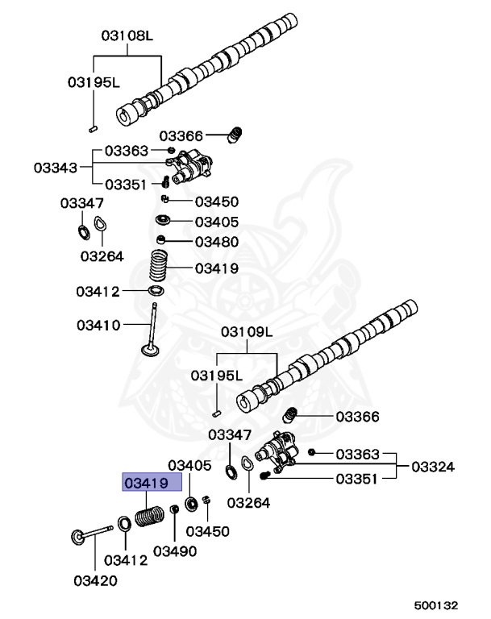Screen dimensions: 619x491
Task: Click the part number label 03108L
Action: coord(127,36)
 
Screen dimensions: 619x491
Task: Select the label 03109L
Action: coord(248,332)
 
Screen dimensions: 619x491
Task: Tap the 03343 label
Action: coord(56,168)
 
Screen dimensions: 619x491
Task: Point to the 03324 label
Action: coord(432,466)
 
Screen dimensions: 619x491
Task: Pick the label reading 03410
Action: coord(98,326)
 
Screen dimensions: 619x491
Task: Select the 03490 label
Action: coord(175,550)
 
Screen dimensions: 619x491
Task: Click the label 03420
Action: coord(95,580)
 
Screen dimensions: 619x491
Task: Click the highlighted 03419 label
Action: coord(144,484)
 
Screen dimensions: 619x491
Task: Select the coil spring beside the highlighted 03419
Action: coord(152,515)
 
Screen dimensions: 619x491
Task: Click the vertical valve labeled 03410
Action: coord(151,334)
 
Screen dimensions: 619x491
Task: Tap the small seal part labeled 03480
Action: coord(161,240)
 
